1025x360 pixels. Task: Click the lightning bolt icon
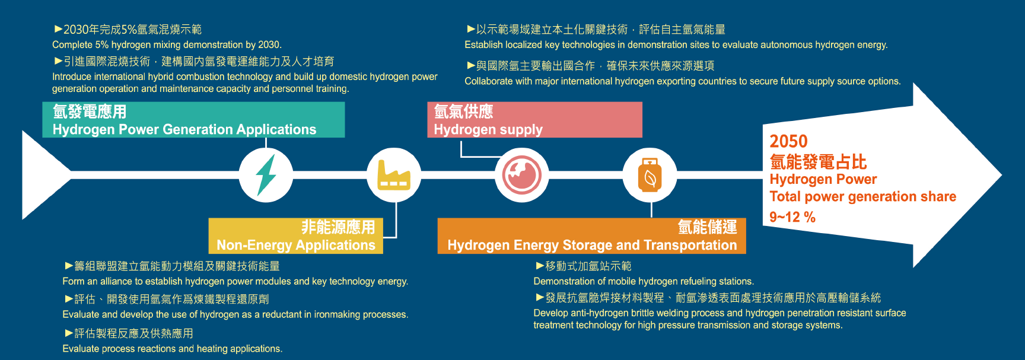click(266, 175)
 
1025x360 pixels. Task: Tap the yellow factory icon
click(394, 176)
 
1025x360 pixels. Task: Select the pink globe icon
click(522, 175)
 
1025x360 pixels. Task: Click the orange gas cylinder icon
click(650, 176)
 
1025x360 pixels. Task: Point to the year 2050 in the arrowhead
click(788, 141)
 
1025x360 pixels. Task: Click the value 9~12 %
click(792, 217)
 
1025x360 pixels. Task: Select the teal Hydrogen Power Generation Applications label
click(193, 120)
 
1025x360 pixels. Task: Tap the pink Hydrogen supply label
click(534, 120)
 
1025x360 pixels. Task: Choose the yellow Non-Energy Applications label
click(295, 236)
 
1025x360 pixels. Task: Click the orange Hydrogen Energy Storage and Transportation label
click(591, 236)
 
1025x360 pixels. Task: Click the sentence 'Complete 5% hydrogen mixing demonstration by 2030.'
click(167, 44)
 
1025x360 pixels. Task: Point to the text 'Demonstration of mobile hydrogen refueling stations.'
click(644, 281)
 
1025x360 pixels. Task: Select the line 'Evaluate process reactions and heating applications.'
click(172, 349)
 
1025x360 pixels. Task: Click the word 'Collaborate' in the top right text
click(489, 81)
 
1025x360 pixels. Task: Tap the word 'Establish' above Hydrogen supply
click(484, 44)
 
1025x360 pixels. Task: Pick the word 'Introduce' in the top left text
click(72, 77)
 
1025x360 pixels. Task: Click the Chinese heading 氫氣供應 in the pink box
click(463, 111)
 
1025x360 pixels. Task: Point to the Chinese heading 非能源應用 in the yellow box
click(338, 227)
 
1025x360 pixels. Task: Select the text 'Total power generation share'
click(862, 196)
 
